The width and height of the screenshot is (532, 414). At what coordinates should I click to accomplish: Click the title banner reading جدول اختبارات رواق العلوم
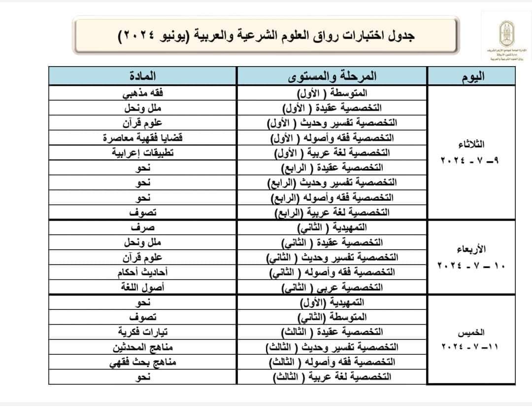(x=266, y=36)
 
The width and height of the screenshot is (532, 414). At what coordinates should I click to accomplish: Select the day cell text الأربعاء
(x=472, y=249)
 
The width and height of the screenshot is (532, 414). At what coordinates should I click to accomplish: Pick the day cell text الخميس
(x=472, y=331)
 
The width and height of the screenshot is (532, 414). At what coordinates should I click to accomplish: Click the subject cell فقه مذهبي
(x=143, y=92)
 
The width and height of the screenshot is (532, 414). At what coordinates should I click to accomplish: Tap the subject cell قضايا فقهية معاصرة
(x=143, y=138)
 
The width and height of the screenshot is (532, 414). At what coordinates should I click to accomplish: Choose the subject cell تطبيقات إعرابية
(x=143, y=152)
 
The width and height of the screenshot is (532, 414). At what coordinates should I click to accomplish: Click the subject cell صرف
(x=143, y=228)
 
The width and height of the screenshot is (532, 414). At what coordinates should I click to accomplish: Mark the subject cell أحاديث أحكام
(x=143, y=272)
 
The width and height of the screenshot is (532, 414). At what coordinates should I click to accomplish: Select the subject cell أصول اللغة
(x=143, y=287)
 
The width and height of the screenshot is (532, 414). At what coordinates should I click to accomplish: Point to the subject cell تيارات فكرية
(x=143, y=332)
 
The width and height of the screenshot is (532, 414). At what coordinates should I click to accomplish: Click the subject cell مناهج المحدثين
(x=143, y=347)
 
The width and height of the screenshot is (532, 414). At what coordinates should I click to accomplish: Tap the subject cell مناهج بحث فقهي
(x=143, y=363)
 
